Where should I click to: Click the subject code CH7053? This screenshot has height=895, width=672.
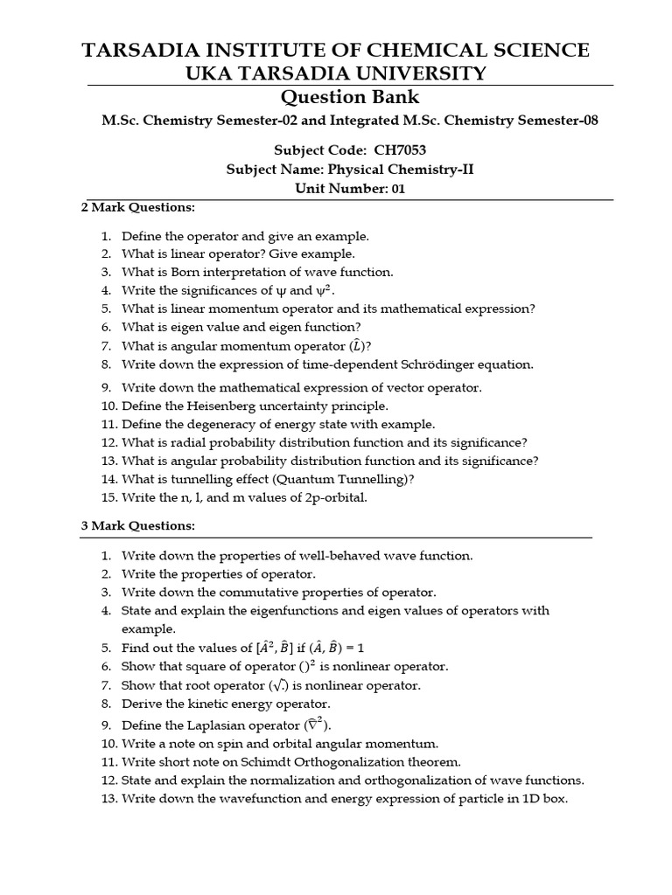tap(400, 149)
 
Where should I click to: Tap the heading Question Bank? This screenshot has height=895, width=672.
tap(348, 97)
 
